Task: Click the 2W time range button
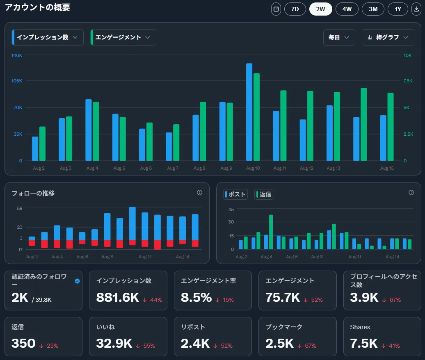[320, 9]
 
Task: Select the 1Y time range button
[398, 9]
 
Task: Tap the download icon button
[416, 9]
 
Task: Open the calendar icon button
[276, 9]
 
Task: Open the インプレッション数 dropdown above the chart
[48, 37]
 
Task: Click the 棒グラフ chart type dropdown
[388, 37]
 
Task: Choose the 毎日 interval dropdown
[339, 37]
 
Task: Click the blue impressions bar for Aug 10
[249, 112]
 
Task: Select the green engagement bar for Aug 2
[42, 144]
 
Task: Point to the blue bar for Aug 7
[169, 146]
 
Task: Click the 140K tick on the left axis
[17, 55]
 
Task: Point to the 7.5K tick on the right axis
[408, 81]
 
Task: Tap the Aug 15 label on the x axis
[387, 168]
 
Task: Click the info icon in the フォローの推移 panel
[199, 193]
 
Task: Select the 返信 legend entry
[263, 194]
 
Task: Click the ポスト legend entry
[235, 194]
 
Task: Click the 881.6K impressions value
[118, 297]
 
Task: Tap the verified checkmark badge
[77, 281]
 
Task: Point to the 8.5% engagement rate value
[196, 297]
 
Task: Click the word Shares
[360, 327]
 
